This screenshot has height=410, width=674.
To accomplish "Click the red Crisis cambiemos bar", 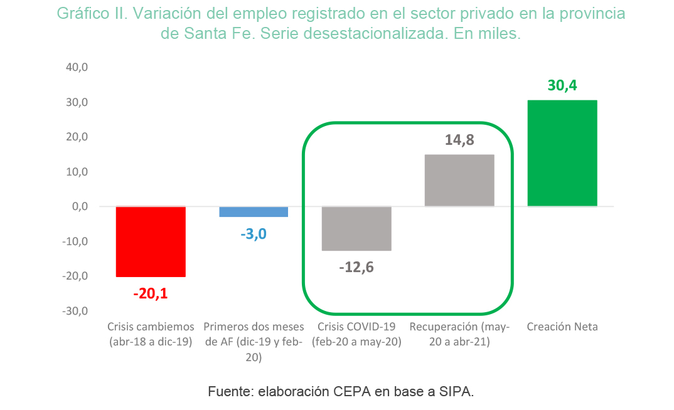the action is click(151, 242).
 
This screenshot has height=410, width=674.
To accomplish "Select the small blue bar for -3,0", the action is click(254, 212).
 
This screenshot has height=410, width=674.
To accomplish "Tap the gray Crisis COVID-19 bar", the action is click(357, 229).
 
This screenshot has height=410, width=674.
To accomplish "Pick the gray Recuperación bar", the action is click(459, 181).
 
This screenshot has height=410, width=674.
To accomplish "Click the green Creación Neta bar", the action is click(562, 153).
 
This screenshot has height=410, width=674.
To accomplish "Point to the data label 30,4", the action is click(562, 85).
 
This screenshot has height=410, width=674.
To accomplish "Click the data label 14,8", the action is click(459, 140).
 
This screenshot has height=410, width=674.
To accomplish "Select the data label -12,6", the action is click(356, 268).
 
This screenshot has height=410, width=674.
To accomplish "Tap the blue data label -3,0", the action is click(254, 234).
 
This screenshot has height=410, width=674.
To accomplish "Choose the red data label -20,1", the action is click(151, 293).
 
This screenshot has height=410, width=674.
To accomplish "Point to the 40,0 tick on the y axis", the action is click(77, 67).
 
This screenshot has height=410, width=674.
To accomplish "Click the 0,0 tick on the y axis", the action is click(80, 206).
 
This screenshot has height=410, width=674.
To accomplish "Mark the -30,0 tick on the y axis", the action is click(75, 311).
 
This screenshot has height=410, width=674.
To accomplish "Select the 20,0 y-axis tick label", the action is click(77, 137).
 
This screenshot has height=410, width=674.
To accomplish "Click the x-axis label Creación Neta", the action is click(562, 327).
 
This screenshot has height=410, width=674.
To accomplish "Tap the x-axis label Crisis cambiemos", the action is click(151, 327).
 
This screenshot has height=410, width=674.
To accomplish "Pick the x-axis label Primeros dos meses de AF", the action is click(254, 334).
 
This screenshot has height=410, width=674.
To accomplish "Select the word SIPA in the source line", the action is click(456, 392).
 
